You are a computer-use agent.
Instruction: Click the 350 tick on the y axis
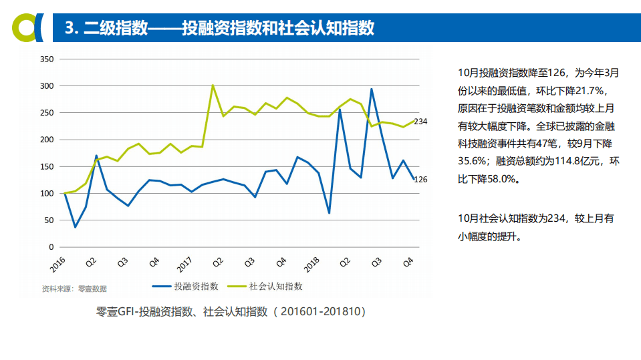tap(47, 59)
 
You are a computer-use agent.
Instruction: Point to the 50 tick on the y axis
tap(49, 220)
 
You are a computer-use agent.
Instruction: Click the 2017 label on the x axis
tap(184, 263)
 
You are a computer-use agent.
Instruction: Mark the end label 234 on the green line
tap(420, 122)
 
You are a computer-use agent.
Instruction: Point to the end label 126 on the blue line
tap(420, 179)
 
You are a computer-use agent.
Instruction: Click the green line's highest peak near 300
tap(213, 85)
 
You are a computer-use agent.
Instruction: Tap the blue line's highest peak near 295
tap(372, 89)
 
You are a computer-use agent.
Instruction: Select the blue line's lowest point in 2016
tap(75, 227)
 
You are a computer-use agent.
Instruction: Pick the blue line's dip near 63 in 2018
tap(329, 213)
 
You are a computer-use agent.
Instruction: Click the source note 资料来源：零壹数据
tap(74, 289)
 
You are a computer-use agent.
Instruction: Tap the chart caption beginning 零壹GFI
tap(231, 311)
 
